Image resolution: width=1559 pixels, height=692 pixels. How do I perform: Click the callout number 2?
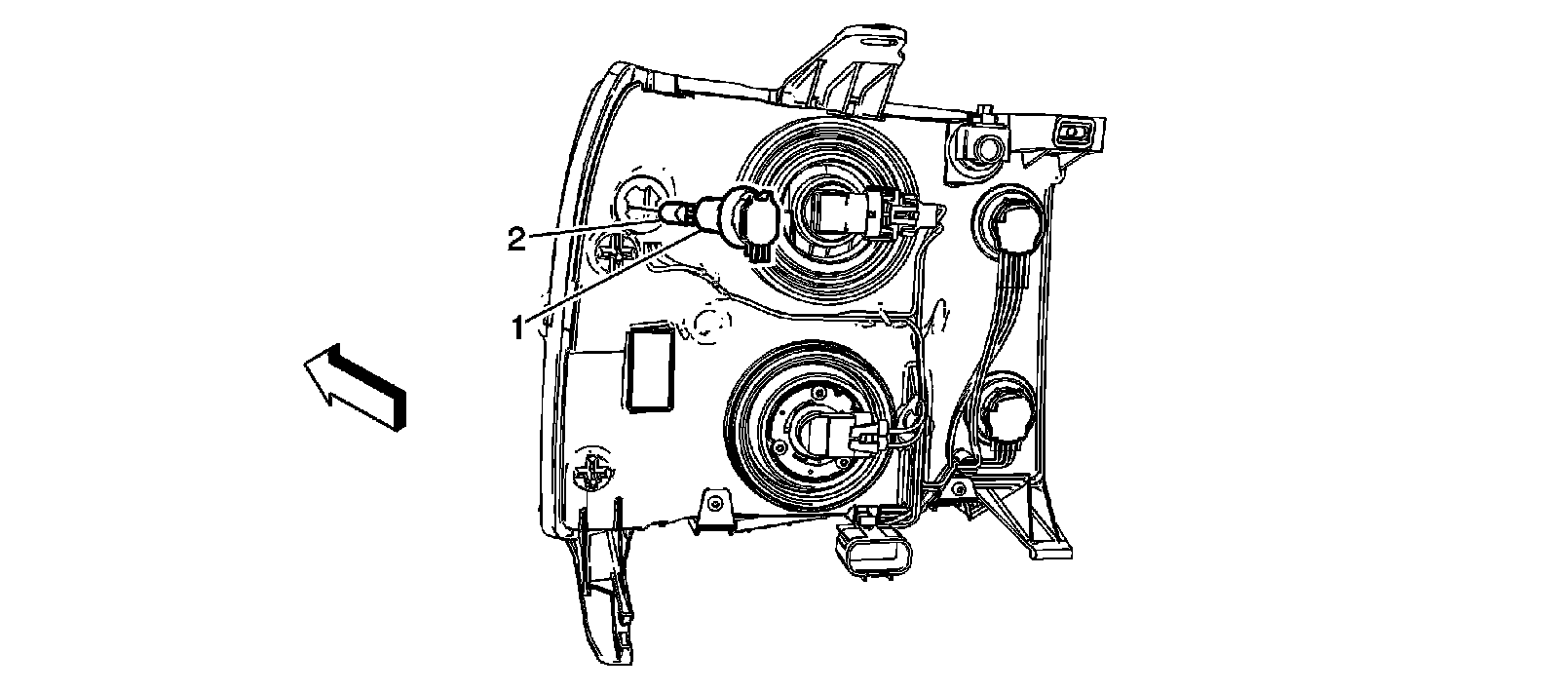517,240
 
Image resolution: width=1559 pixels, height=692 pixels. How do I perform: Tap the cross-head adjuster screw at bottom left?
593,475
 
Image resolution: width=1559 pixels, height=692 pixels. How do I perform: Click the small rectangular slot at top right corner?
1076,132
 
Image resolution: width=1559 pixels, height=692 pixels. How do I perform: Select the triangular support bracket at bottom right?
1023,507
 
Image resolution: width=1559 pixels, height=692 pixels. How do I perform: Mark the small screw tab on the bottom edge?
715,505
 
